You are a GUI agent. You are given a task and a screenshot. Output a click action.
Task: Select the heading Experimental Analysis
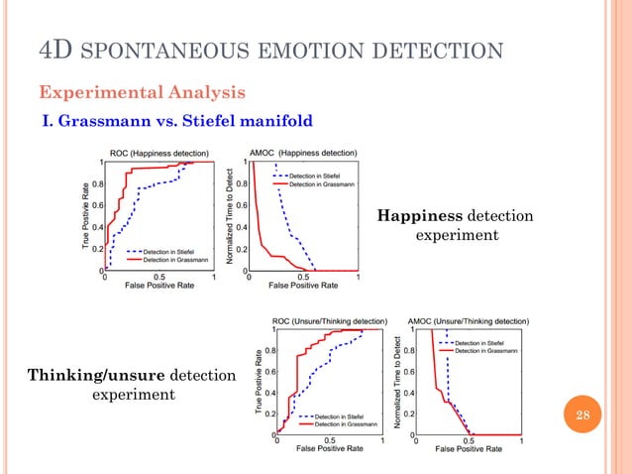coord(143,92)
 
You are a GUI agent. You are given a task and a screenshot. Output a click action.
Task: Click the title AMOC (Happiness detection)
coord(303,154)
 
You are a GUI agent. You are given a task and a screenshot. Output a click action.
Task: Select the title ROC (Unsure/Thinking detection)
coord(331,321)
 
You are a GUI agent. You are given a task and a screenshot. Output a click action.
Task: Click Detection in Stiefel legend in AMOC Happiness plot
coord(314,175)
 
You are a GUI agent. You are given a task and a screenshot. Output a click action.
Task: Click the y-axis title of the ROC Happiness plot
coord(88,214)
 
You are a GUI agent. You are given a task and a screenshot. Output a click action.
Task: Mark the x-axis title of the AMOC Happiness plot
coord(303,286)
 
